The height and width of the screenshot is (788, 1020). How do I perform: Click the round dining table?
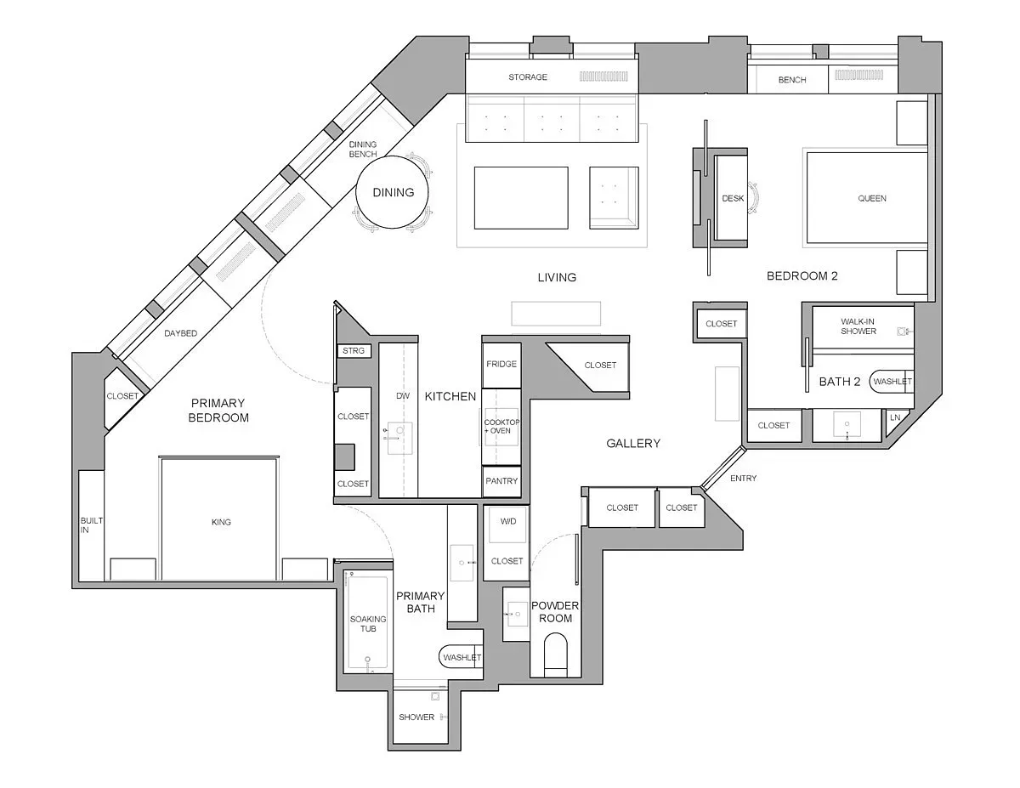(x=393, y=192)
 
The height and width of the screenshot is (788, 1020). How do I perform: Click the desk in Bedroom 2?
(x=732, y=198)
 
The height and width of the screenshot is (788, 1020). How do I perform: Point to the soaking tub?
(x=367, y=624)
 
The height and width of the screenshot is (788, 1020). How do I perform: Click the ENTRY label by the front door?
(x=743, y=479)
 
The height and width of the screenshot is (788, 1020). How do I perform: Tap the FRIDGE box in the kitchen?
(x=501, y=364)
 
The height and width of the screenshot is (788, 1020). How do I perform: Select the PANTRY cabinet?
(x=501, y=481)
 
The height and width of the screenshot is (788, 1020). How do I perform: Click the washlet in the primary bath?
(x=460, y=657)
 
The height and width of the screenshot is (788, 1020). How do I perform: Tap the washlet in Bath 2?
(x=891, y=382)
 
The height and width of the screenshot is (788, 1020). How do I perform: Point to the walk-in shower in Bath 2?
(x=858, y=326)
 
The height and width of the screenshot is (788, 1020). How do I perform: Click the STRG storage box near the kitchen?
(x=352, y=350)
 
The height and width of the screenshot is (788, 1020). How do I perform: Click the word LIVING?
(x=557, y=277)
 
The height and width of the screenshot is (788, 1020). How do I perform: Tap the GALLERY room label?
(x=633, y=443)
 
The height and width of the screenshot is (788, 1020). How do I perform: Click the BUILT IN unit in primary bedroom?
(x=91, y=524)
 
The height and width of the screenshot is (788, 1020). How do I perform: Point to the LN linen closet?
(x=895, y=417)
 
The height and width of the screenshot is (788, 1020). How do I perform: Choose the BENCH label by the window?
(x=791, y=80)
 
